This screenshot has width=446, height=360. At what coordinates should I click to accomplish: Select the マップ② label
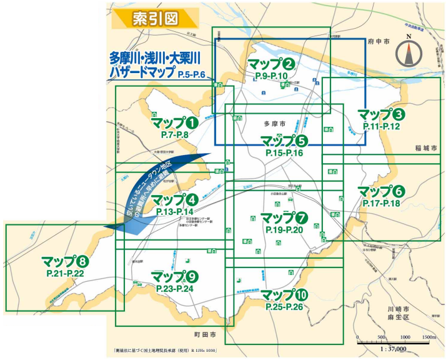pos(271,64)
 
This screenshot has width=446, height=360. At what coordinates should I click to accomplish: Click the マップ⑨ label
pos(175,276)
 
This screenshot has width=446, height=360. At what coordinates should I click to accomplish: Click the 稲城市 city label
pos(427,148)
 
